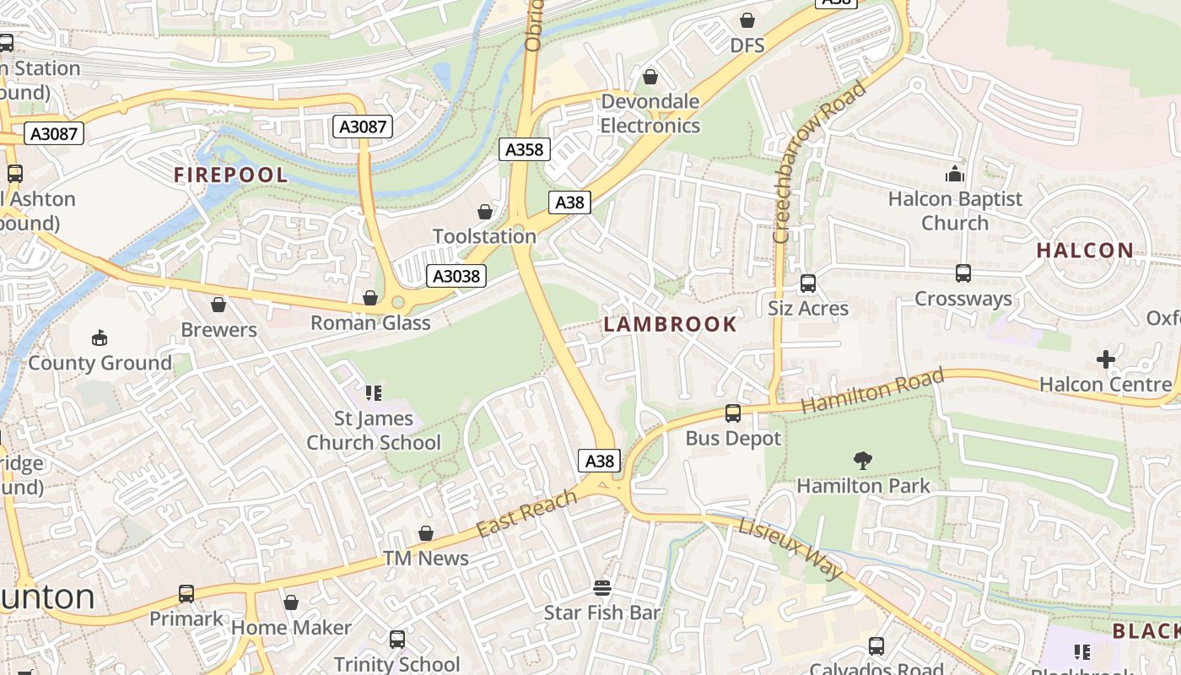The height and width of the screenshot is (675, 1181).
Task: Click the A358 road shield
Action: (524, 150)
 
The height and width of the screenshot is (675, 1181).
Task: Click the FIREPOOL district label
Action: (230, 175)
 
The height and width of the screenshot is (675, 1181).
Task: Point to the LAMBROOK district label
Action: (671, 324)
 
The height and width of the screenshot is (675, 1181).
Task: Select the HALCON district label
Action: (1085, 251)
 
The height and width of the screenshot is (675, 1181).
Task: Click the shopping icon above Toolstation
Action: (485, 212)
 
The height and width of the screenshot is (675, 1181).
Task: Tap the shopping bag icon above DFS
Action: (747, 20)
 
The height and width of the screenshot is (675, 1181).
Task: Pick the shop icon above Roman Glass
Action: (369, 298)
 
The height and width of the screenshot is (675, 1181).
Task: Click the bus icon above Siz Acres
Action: (808, 283)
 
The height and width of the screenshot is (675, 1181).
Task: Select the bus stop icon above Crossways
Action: (963, 273)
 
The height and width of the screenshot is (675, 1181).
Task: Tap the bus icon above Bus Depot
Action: (733, 413)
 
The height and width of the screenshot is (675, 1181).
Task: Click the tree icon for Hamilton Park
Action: (862, 461)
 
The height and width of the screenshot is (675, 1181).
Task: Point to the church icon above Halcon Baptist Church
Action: (955, 175)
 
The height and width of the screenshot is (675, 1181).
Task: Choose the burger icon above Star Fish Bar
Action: (601, 587)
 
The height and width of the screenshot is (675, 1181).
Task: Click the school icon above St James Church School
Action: (374, 392)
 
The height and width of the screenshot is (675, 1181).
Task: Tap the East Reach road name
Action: (526, 512)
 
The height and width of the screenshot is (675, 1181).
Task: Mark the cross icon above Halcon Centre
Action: (1105, 359)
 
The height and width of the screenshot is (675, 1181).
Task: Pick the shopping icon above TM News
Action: (426, 533)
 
